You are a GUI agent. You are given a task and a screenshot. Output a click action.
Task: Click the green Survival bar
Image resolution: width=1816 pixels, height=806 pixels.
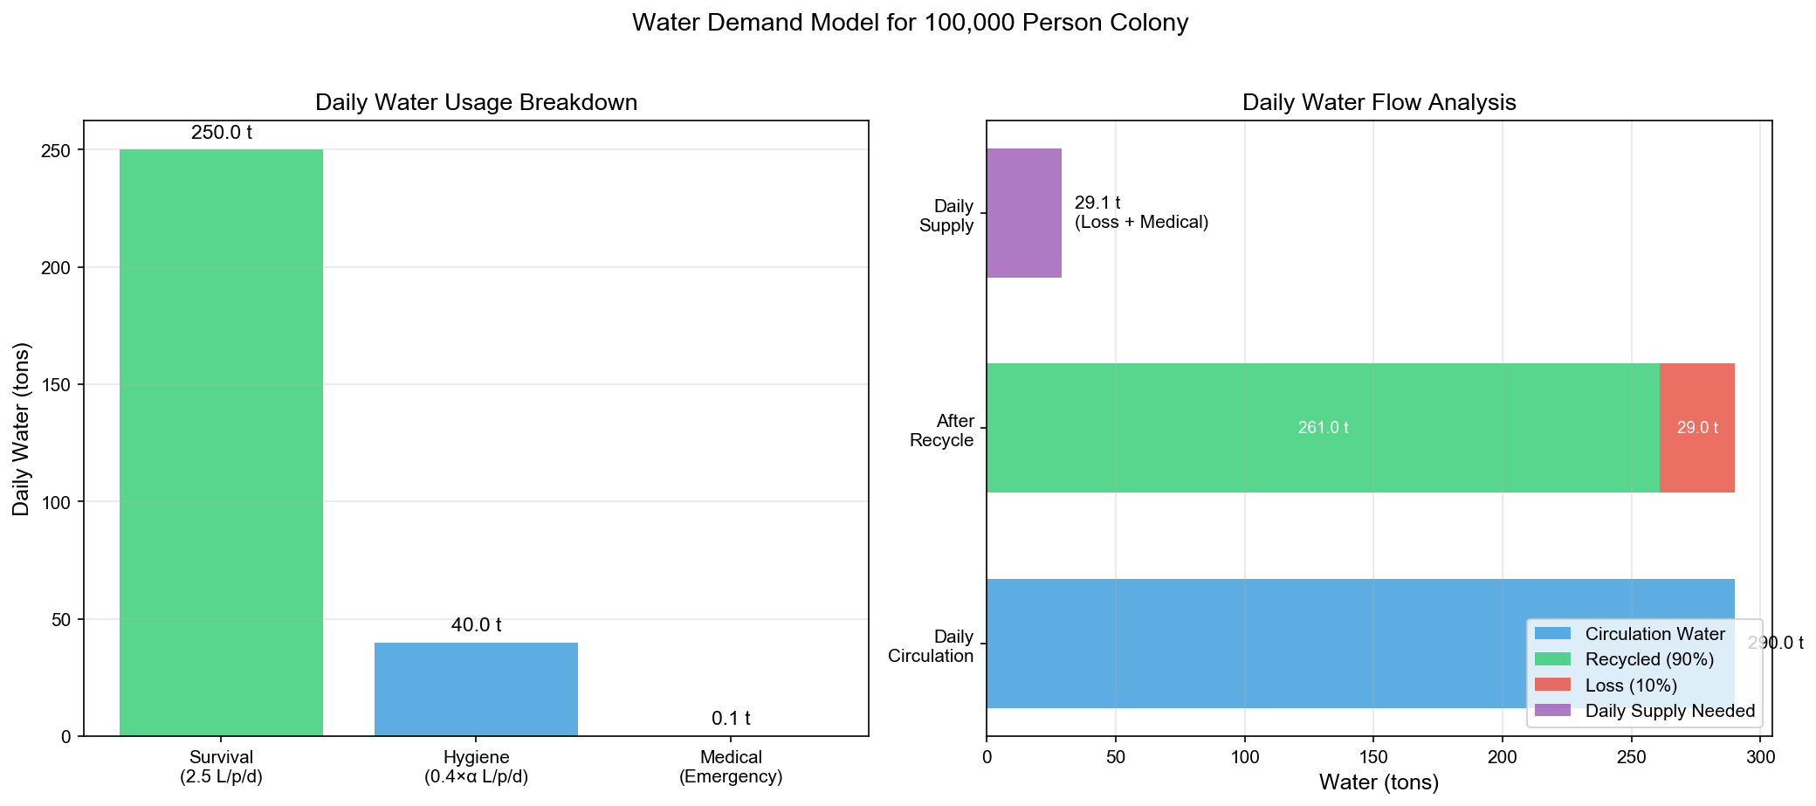(x=221, y=442)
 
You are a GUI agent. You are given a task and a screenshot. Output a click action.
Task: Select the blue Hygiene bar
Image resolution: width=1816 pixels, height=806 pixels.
(x=476, y=689)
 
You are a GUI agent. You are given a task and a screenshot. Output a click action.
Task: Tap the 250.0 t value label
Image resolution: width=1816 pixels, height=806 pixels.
(x=222, y=134)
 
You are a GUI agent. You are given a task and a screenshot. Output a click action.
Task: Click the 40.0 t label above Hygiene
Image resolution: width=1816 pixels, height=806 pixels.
(x=476, y=625)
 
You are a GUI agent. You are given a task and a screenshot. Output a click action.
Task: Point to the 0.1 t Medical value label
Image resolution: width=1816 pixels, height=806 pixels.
(x=731, y=719)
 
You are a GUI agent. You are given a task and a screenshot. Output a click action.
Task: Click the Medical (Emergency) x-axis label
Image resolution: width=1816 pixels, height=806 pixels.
(x=731, y=767)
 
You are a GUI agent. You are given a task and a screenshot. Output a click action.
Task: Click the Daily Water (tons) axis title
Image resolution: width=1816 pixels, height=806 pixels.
(x=22, y=429)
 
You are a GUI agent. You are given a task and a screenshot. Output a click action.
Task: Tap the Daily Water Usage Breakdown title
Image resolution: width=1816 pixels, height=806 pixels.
(x=476, y=102)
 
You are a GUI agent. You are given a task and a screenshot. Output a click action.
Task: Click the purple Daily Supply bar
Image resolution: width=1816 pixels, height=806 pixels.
(x=1023, y=213)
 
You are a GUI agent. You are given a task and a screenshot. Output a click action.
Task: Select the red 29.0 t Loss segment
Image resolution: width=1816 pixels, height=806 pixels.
(x=1696, y=428)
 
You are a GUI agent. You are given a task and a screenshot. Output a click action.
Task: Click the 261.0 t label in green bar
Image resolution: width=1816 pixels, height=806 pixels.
(x=1323, y=428)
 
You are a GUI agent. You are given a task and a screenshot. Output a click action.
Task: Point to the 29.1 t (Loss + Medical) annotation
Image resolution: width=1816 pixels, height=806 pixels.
(x=1140, y=213)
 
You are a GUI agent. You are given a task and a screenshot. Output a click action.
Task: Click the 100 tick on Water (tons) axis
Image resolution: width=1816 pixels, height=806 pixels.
(x=1244, y=756)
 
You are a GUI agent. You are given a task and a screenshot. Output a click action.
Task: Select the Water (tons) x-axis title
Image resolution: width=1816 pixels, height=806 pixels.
(x=1379, y=782)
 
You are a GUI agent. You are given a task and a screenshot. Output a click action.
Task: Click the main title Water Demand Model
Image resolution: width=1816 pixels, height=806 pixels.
(x=910, y=23)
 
